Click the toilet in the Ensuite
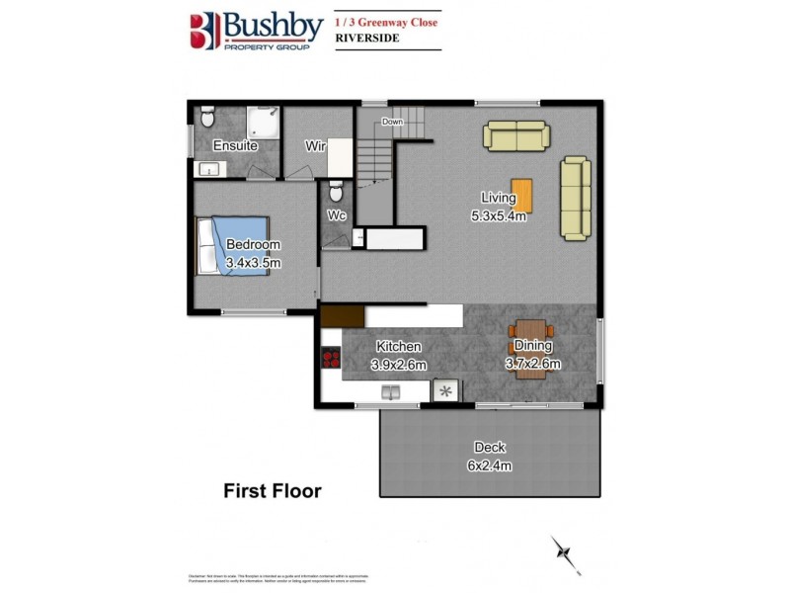[206, 118]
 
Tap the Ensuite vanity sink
[209, 170]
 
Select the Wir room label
[315, 146]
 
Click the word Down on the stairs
[392, 122]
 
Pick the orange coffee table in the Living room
[522, 195]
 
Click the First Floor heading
[273, 490]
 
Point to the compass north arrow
[565, 552]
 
